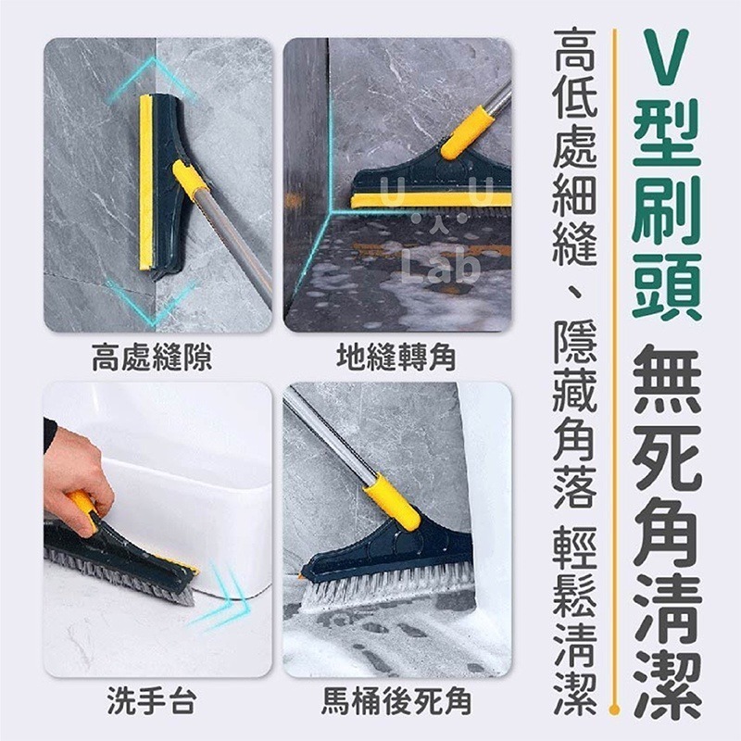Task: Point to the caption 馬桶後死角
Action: [x=396, y=702]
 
